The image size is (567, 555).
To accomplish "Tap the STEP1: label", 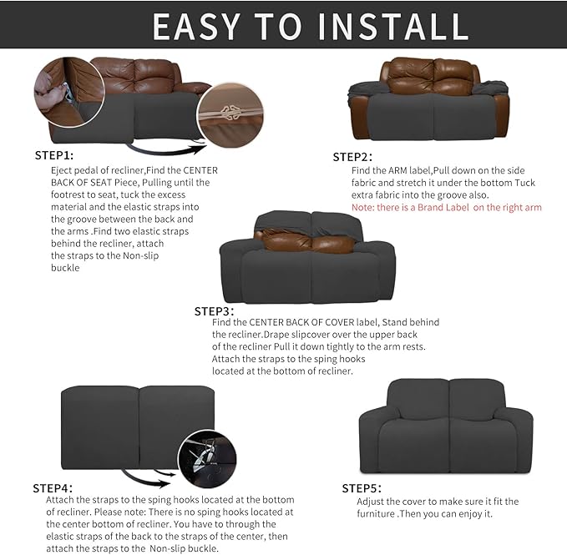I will (x=54, y=155).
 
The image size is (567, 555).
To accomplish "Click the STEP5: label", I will (x=362, y=487).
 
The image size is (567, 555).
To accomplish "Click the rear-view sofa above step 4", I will (x=139, y=428).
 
